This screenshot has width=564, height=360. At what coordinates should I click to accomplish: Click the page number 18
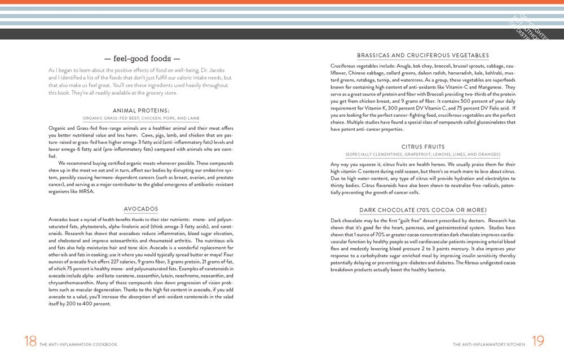(30, 341)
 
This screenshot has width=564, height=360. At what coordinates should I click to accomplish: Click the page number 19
(538, 341)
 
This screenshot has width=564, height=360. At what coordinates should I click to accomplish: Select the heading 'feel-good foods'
(139, 58)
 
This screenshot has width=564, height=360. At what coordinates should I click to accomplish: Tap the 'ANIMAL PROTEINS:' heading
(141, 111)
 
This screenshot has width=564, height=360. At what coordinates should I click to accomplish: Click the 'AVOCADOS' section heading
(141, 209)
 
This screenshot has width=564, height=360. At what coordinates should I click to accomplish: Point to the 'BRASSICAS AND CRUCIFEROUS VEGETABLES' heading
(423, 55)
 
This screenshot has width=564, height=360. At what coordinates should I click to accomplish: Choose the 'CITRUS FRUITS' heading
(423, 147)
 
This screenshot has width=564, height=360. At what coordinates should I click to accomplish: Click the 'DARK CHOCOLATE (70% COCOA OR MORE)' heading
(423, 210)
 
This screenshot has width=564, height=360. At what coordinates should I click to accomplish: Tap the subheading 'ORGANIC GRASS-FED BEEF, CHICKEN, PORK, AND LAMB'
(141, 118)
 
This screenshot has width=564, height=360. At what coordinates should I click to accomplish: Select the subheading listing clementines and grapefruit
(423, 155)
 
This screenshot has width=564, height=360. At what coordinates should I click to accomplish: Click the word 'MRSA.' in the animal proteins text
(86, 191)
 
